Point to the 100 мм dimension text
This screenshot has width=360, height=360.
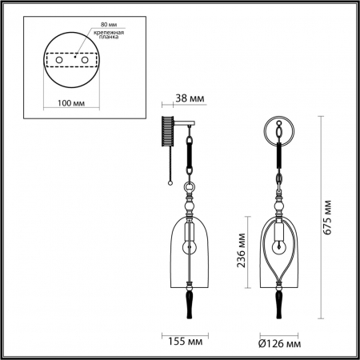click(x=73, y=104)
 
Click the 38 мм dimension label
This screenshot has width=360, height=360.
click(x=190, y=98)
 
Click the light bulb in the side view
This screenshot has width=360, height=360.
click(x=190, y=243)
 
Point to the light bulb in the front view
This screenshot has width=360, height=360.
click(x=279, y=243)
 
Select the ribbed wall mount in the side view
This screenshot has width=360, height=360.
click(x=167, y=133)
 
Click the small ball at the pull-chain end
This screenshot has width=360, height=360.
click(x=172, y=183)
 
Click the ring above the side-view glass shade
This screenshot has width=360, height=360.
click(x=190, y=190)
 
